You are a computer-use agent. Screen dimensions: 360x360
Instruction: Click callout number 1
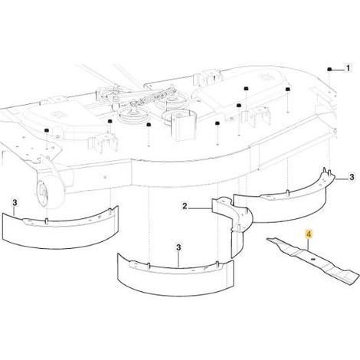pos(348,68)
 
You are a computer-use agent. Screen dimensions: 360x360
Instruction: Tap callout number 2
pos(185,206)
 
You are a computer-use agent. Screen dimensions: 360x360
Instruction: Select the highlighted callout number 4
pos(309,234)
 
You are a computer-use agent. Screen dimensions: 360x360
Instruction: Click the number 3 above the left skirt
pos(15,203)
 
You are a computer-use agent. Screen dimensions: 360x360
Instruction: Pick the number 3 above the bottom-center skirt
pos(178,247)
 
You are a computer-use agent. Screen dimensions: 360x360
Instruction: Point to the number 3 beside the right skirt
pos(352,177)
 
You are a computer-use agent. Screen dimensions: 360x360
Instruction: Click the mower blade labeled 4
pos(313,260)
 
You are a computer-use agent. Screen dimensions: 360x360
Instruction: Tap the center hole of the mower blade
pos(313,259)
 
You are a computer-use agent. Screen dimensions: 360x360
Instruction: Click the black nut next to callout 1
pos(329,69)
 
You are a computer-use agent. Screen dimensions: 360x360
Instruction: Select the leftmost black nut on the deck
pos(47,130)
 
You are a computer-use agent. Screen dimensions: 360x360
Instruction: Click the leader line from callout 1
pos(338,69)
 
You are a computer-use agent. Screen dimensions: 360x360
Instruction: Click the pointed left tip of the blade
pos(268,239)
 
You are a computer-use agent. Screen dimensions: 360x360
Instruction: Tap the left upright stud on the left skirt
pos(46,221)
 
